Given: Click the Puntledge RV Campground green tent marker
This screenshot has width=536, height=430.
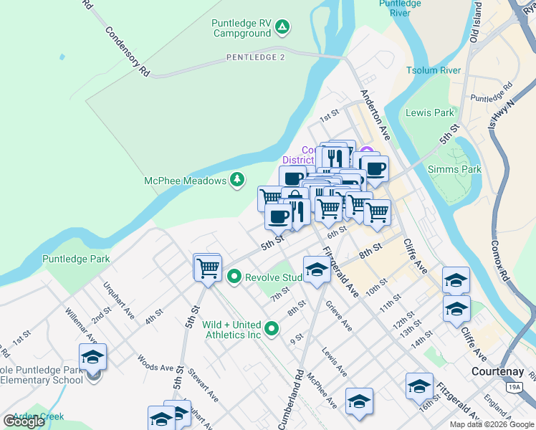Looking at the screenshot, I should [283, 28].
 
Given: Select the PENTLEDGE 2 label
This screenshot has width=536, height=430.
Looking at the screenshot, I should [256, 57].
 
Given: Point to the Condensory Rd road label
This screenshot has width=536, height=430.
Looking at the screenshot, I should [127, 52].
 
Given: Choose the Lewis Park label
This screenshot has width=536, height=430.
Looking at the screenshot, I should [429, 113].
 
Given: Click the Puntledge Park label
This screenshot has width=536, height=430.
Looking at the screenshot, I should [75, 259].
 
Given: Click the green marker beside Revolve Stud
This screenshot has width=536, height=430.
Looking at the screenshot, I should [234, 277].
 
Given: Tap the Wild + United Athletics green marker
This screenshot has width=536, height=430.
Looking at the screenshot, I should [271, 329].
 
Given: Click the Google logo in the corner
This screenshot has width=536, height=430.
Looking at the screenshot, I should [24, 421].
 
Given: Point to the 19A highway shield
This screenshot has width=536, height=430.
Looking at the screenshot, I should [514, 388].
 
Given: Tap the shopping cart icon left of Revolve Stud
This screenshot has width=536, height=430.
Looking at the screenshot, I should [208, 268].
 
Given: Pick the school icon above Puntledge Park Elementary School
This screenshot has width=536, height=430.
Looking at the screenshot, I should [92, 356].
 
